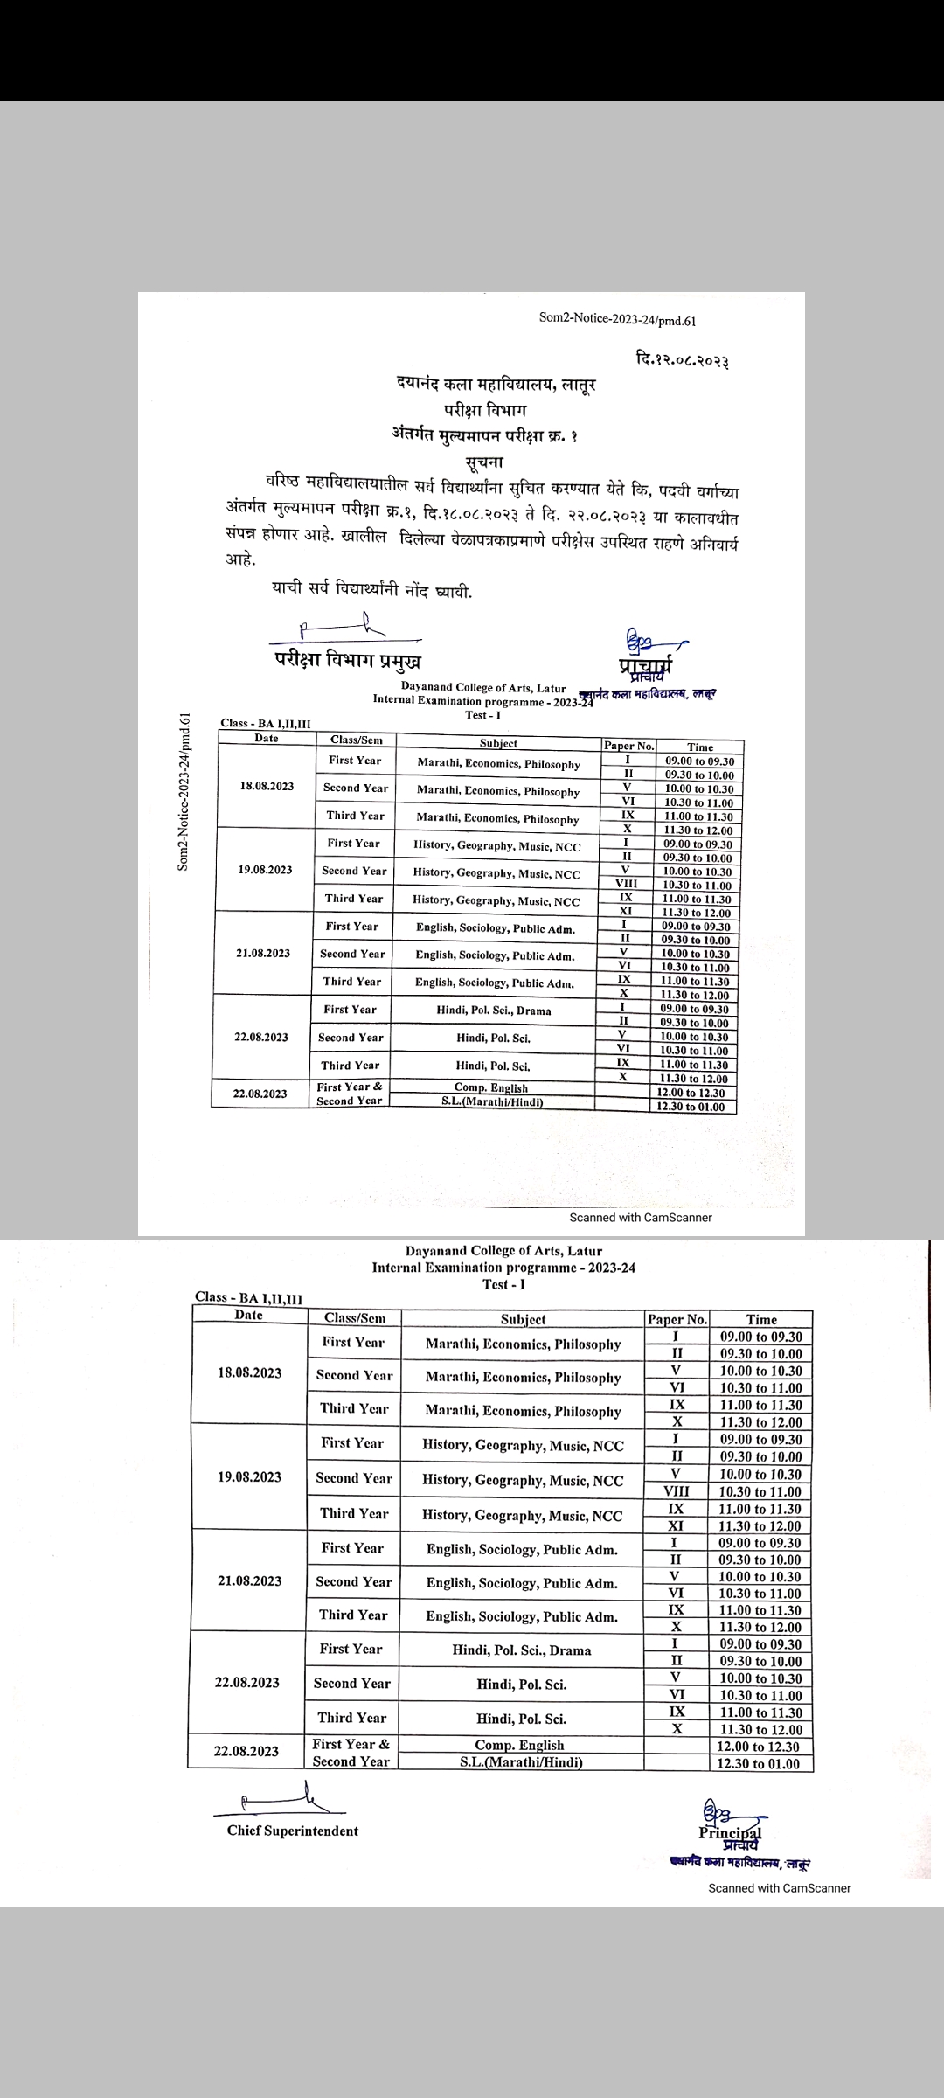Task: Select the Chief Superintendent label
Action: pyautogui.click(x=292, y=1831)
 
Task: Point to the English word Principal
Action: pyautogui.click(x=730, y=1832)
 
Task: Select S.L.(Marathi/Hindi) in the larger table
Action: pyautogui.click(x=521, y=1762)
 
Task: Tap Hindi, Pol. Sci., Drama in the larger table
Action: pyautogui.click(x=521, y=1650)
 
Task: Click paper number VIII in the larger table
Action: pyautogui.click(x=677, y=1491)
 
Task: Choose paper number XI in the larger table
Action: pyautogui.click(x=676, y=1525)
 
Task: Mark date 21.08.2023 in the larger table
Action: pyautogui.click(x=249, y=1580)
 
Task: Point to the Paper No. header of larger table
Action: pyautogui.click(x=677, y=1319)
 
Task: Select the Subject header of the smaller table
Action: pyautogui.click(x=498, y=743)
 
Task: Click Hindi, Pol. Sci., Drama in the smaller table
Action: pyautogui.click(x=494, y=1011)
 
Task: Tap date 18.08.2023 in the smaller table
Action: pyautogui.click(x=267, y=786)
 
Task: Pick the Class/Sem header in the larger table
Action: pyautogui.click(x=354, y=1318)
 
